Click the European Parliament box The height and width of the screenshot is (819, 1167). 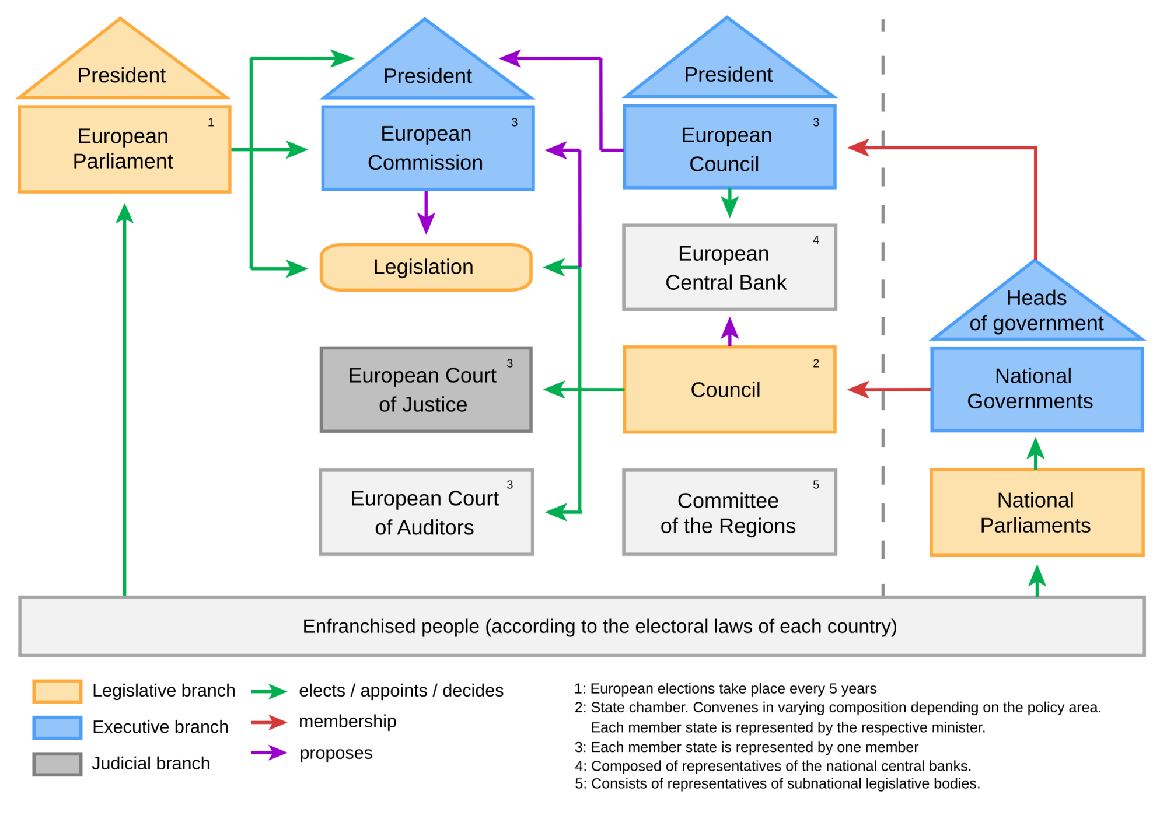[124, 149]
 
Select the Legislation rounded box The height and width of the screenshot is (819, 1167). [426, 267]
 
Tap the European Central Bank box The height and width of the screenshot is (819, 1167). [729, 267]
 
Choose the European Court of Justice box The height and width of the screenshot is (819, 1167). [426, 390]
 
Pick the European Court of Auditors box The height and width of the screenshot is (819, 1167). [426, 512]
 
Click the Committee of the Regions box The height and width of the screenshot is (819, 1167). [729, 512]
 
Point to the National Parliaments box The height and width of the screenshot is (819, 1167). [1036, 512]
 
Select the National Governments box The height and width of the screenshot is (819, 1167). [1036, 390]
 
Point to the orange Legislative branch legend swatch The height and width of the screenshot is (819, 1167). [57, 691]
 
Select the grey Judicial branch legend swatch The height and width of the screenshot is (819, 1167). [57, 764]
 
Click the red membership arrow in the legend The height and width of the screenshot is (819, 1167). [269, 722]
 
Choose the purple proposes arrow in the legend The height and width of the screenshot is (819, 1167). [269, 752]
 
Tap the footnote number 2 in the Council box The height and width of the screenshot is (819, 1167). [816, 363]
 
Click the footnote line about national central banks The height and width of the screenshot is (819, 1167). [773, 766]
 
